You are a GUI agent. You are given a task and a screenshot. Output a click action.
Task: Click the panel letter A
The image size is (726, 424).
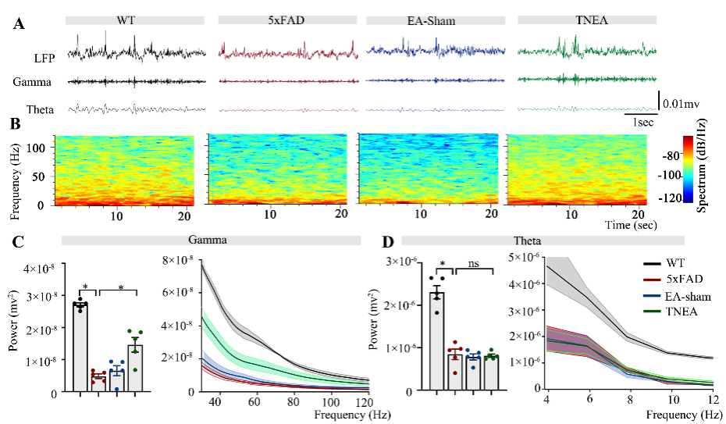coord(19,24)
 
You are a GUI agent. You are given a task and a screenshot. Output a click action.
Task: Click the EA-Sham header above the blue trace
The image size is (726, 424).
coord(427,20)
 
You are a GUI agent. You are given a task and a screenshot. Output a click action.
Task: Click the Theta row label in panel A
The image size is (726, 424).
coord(40,109)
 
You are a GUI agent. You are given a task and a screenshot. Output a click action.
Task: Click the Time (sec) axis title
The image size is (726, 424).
coord(631,224)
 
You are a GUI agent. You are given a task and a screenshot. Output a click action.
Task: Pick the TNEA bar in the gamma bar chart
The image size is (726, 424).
coord(136,367)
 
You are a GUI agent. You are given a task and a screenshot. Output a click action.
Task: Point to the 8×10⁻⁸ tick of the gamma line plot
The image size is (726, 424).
coord(182,260)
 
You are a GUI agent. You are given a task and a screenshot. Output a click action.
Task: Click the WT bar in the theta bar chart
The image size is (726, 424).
coord(436,340)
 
